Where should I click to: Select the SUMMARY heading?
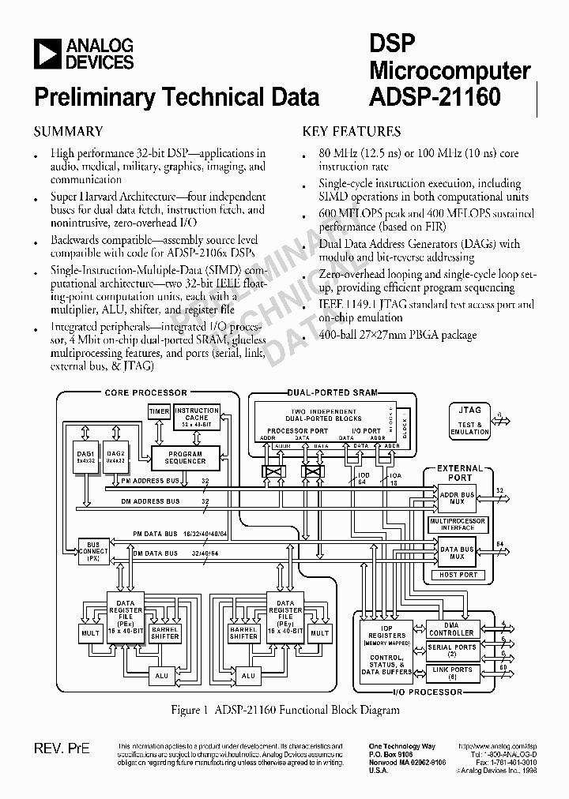(x=67, y=132)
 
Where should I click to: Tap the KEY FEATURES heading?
(x=352, y=132)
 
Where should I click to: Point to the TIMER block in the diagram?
(x=159, y=411)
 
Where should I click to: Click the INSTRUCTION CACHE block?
(x=197, y=416)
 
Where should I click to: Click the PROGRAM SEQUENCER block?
(x=186, y=458)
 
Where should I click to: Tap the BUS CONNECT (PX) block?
(x=93, y=550)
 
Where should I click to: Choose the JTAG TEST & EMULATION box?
(x=469, y=420)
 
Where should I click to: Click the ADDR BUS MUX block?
(x=457, y=498)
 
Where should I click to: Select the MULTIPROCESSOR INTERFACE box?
(x=457, y=525)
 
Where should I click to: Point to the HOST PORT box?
(x=458, y=575)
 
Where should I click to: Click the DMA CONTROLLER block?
(x=450, y=630)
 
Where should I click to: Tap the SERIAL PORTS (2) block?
(x=450, y=651)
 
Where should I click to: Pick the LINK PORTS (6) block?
(x=450, y=673)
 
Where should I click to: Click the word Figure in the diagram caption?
(x=186, y=710)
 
